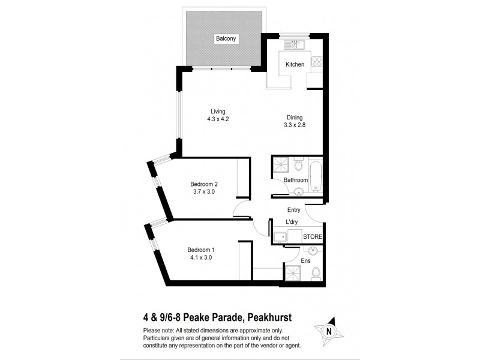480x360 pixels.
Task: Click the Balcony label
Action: click(227, 39)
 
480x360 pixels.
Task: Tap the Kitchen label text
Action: click(295, 65)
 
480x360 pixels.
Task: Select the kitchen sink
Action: click(294, 44)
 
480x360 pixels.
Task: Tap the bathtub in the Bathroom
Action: click(317, 174)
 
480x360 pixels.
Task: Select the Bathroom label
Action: click(296, 180)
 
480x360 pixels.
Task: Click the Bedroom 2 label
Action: click(203, 184)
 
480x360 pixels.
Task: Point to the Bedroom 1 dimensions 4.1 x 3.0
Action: click(200, 258)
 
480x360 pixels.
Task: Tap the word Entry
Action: click(293, 210)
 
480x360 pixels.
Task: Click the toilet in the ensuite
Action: click(316, 274)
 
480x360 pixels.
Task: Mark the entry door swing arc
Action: click(312, 211)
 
